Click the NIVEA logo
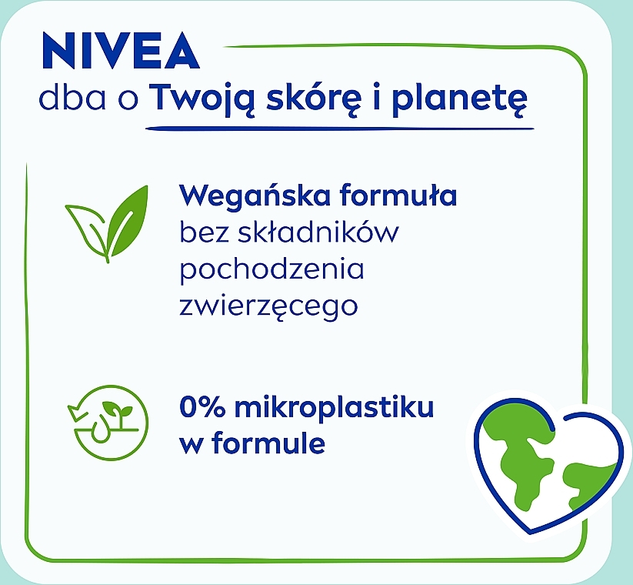[x=121, y=51]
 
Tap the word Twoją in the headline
[x=205, y=99]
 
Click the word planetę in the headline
[x=460, y=99]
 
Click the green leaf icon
[x=107, y=224]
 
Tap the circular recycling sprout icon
[x=108, y=423]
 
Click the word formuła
[x=398, y=196]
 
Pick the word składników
[x=318, y=232]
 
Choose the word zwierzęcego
[x=268, y=306]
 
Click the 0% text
[x=202, y=407]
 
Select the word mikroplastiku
[x=335, y=408]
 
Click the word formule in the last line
[x=268, y=443]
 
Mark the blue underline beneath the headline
[x=339, y=129]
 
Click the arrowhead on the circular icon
[x=76, y=412]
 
